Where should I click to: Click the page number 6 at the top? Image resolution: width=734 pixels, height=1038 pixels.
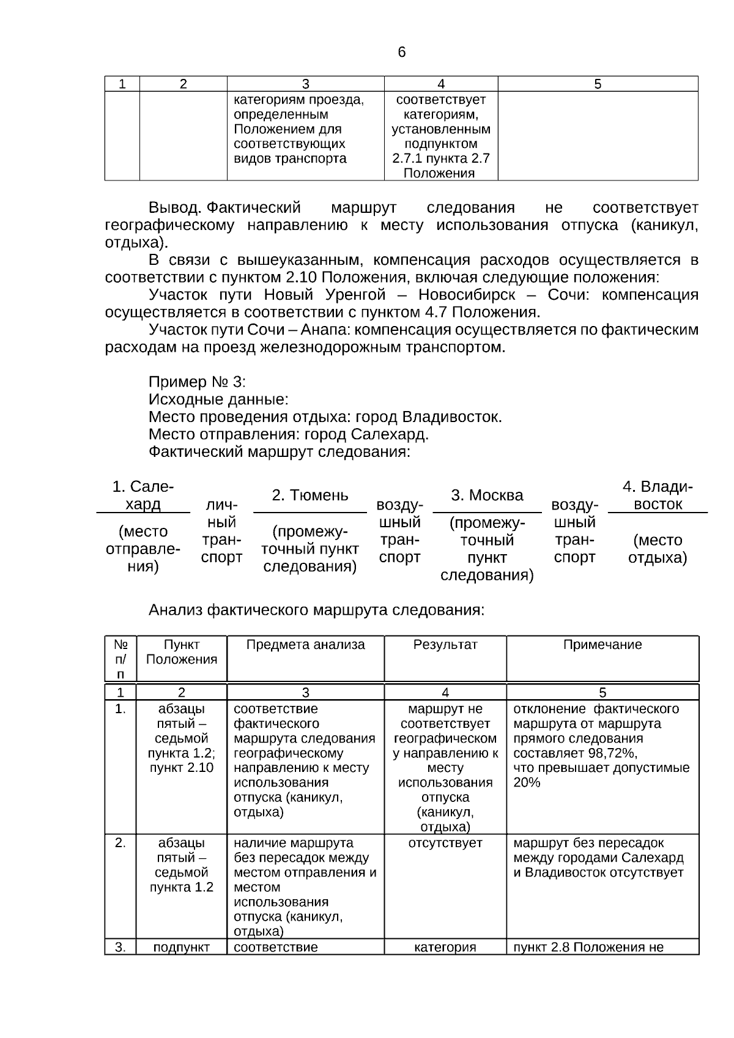click(401, 53)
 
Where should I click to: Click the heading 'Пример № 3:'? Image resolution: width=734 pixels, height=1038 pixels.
click(196, 382)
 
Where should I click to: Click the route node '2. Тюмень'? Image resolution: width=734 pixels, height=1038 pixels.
click(310, 495)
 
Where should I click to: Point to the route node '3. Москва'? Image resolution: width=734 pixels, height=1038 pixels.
click(487, 495)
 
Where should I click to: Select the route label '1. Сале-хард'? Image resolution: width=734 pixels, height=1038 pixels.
click(143, 495)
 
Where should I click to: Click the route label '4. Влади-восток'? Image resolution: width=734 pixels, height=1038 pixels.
click(658, 495)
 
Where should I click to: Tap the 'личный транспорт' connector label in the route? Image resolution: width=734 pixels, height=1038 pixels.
click(221, 531)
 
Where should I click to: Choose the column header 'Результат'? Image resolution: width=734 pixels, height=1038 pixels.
click(445, 645)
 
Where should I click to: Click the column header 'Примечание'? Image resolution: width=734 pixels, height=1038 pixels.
click(602, 645)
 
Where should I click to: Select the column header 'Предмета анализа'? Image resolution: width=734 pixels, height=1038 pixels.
click(305, 645)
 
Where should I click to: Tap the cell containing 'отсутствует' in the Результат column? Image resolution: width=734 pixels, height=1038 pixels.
click(445, 843)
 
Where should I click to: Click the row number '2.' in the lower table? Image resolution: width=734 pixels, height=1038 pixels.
click(120, 843)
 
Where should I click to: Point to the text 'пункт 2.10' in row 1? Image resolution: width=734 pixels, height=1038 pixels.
click(182, 768)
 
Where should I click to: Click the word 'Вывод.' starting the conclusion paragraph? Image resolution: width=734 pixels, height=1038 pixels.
click(175, 208)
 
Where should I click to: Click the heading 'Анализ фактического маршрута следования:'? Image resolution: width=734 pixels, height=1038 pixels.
click(316, 610)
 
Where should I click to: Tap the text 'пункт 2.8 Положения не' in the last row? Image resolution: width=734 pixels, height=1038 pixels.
click(588, 947)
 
